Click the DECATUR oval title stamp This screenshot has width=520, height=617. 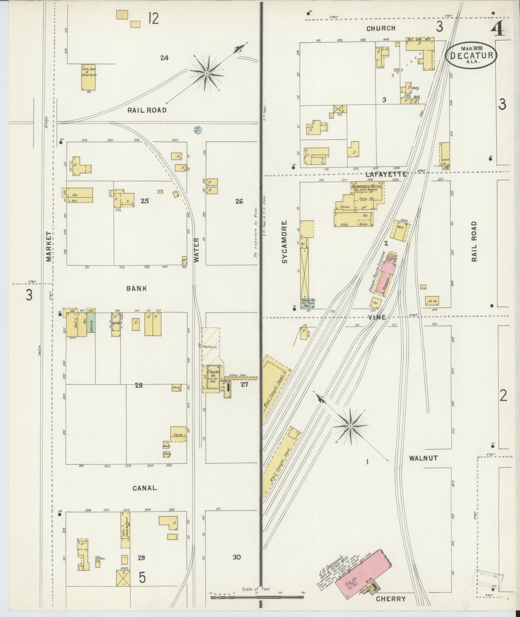pyautogui.click(x=471, y=55)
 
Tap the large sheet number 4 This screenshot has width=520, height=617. pyautogui.click(x=499, y=29)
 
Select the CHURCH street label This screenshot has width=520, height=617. pyautogui.click(x=381, y=28)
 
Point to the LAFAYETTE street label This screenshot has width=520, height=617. pyautogui.click(x=385, y=174)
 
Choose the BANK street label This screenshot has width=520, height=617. pyautogui.click(x=136, y=288)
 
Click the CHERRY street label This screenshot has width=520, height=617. pyautogui.click(x=391, y=599)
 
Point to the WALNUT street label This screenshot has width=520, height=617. pyautogui.click(x=423, y=458)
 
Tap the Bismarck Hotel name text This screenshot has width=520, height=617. pyautogui.click(x=366, y=186)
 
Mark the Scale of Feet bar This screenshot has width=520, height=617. pyautogui.click(x=257, y=597)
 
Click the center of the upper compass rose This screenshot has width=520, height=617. pyautogui.click(x=207, y=73)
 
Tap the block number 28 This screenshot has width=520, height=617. pyautogui.click(x=139, y=385)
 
